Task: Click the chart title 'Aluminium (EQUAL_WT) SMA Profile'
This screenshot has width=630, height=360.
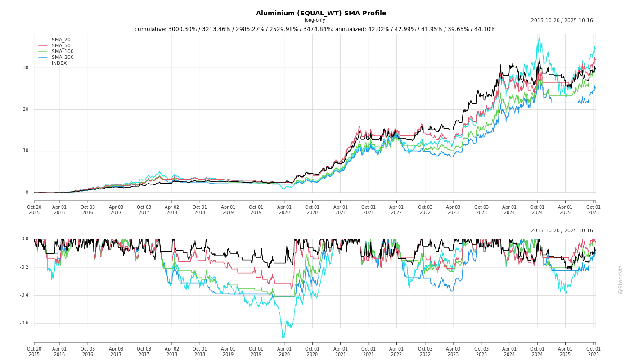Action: coord(321,13)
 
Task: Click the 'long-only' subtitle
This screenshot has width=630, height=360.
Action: coord(315,20)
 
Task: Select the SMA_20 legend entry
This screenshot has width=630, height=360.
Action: coord(61,40)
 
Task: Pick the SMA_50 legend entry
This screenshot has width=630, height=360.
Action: coord(61,46)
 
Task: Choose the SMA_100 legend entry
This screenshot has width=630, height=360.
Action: coord(63,52)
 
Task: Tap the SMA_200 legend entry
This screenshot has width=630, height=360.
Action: coord(63,58)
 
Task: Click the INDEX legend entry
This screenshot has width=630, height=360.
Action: coord(59,63)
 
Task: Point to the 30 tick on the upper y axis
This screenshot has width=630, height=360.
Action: coord(26,68)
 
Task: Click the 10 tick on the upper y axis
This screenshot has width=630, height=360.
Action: coord(26,151)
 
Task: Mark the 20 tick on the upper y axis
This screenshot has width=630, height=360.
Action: coord(26,109)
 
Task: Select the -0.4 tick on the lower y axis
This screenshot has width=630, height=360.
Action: coord(24,295)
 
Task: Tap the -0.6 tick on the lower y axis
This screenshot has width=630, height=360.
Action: coord(24,323)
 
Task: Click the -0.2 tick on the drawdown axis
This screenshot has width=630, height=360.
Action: coord(24,267)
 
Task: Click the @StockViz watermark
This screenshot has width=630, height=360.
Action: coord(621,279)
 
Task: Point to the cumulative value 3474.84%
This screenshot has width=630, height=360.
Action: coord(317,29)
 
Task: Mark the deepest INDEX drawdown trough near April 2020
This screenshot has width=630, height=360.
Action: coord(283,337)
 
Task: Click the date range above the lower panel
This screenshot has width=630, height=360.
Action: coord(562,231)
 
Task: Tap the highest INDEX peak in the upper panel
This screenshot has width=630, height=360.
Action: coord(539,35)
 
